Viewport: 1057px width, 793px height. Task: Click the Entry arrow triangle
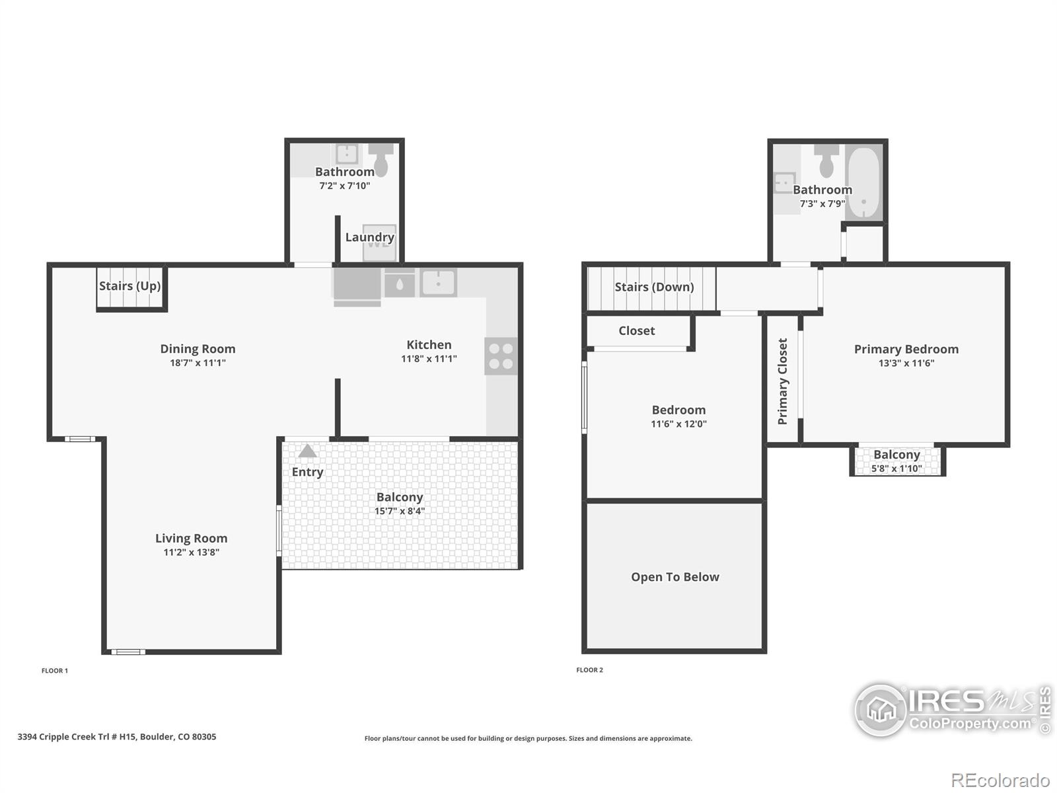point(307,451)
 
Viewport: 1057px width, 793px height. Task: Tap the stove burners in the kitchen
point(501,356)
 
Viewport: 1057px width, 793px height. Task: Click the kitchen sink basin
point(438,282)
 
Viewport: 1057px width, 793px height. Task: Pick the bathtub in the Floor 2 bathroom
point(865,184)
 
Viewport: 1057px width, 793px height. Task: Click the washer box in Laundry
point(379,243)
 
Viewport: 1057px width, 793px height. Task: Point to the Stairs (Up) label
point(130,286)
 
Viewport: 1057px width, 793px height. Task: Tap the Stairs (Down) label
point(655,287)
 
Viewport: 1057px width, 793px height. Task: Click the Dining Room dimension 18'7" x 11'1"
point(198,363)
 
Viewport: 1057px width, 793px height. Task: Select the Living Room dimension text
point(191,552)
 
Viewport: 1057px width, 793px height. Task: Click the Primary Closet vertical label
point(783,381)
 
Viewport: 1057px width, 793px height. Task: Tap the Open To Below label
point(675,577)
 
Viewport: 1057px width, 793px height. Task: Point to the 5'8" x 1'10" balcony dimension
point(896,469)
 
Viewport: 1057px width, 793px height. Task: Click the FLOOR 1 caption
point(55,671)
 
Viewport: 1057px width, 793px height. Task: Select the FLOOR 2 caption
point(589,669)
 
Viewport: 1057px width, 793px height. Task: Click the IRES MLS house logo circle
point(881,710)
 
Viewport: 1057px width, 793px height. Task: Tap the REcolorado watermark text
point(1000,780)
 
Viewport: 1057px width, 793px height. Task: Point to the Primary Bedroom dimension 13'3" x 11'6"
point(906,363)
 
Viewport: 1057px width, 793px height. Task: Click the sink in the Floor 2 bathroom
point(784,183)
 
